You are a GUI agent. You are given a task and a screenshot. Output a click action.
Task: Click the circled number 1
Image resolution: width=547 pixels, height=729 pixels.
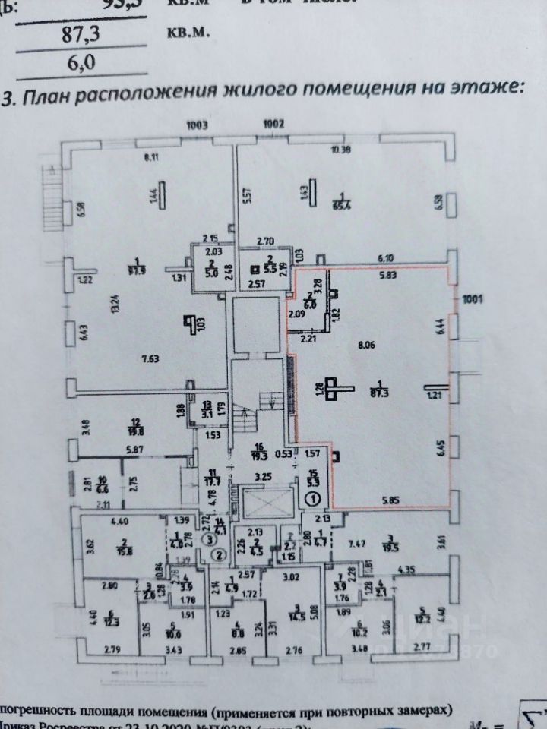[x=315, y=499]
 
